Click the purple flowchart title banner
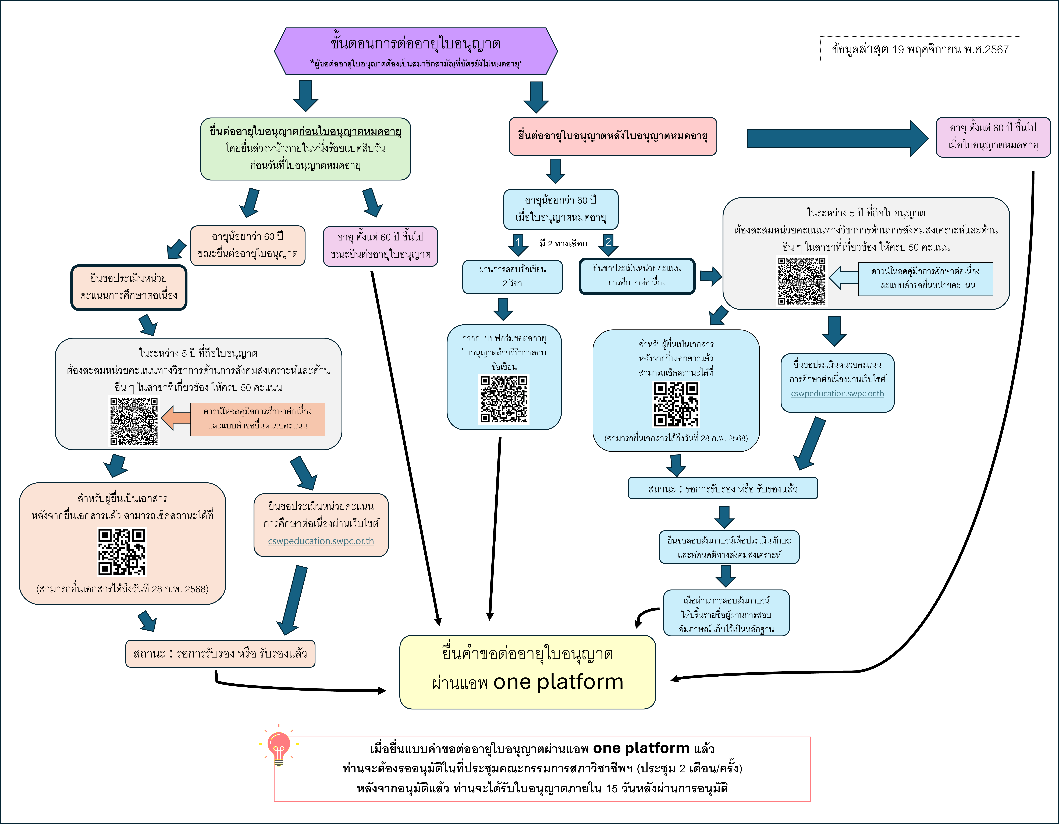click(x=415, y=51)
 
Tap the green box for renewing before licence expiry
click(x=305, y=149)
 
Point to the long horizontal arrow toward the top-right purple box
click(x=837, y=138)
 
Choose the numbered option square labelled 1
click(x=518, y=241)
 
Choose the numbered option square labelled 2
click(x=608, y=241)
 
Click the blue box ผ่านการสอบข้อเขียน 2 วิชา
click(x=513, y=276)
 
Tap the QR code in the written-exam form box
click(x=504, y=399)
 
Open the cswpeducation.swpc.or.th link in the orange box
click(x=321, y=541)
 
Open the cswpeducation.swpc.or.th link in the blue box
click(x=837, y=393)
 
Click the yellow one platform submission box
click(x=528, y=672)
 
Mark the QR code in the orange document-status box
click(x=122, y=551)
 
